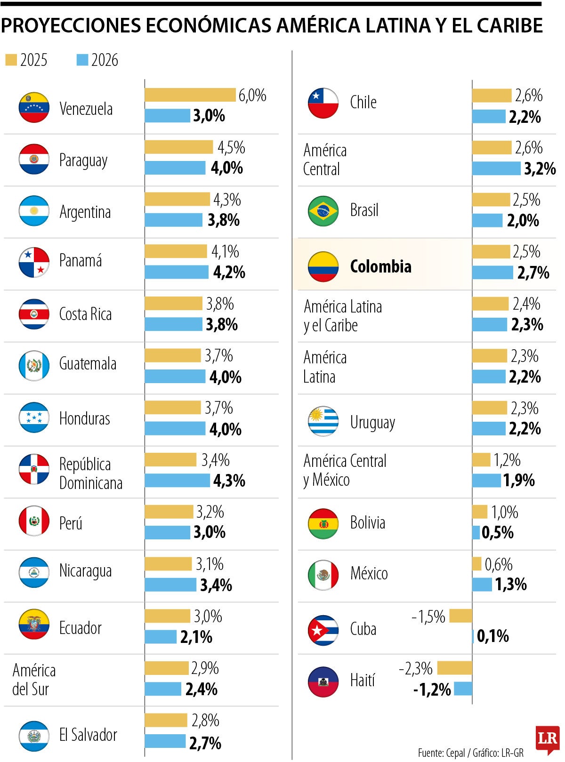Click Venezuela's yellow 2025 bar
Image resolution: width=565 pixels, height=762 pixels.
pos(190,95)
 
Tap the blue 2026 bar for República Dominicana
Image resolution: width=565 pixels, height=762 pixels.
pos(177,480)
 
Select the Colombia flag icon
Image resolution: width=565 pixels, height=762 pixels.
pos(323,266)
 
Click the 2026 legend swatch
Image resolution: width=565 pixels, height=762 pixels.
pos(82,60)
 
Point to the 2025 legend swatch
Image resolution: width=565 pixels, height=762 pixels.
pos(11,60)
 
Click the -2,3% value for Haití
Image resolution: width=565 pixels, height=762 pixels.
pos(416,668)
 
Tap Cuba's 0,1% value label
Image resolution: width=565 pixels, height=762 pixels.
pos(492,636)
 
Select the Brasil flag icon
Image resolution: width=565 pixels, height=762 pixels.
pos(323,211)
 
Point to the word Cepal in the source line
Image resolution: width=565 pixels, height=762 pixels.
pos(455,753)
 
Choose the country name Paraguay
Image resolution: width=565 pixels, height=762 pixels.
pos(83,160)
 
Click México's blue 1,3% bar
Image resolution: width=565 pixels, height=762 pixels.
pos(482,585)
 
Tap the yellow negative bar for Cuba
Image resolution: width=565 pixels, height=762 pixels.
pos(460,616)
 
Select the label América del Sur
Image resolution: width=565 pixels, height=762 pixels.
pos(33,680)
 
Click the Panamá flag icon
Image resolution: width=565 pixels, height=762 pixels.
pos(34,262)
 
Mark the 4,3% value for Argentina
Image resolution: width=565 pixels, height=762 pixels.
pos(227,200)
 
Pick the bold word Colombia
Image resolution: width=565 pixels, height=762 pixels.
pos(380,266)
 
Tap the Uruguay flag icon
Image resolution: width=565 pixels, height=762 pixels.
pos(323,421)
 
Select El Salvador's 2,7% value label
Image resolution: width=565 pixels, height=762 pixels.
pos(205,743)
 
